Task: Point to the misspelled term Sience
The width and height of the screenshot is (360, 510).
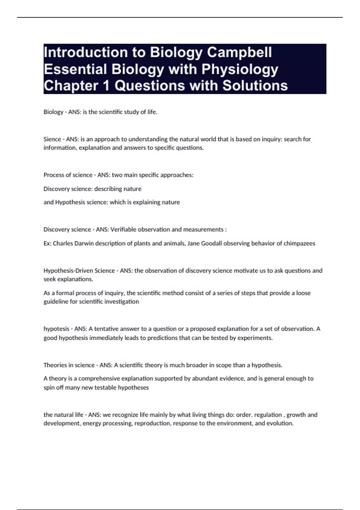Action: [x=52, y=139]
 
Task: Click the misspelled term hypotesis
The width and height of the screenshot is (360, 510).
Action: [x=56, y=329]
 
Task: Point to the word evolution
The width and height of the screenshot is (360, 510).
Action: [x=280, y=423]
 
